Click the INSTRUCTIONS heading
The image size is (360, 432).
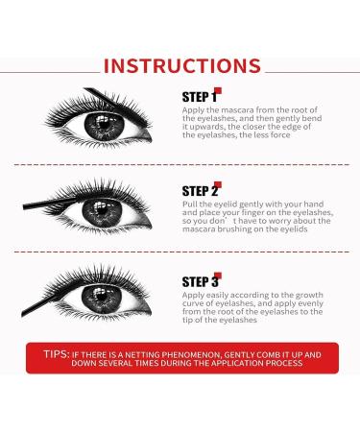(x=181, y=66)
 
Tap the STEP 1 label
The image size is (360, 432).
(x=200, y=98)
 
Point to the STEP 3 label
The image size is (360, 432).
(x=200, y=281)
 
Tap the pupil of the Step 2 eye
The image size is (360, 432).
(x=107, y=215)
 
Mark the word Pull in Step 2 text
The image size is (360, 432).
(x=188, y=205)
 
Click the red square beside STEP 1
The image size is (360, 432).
(x=220, y=93)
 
